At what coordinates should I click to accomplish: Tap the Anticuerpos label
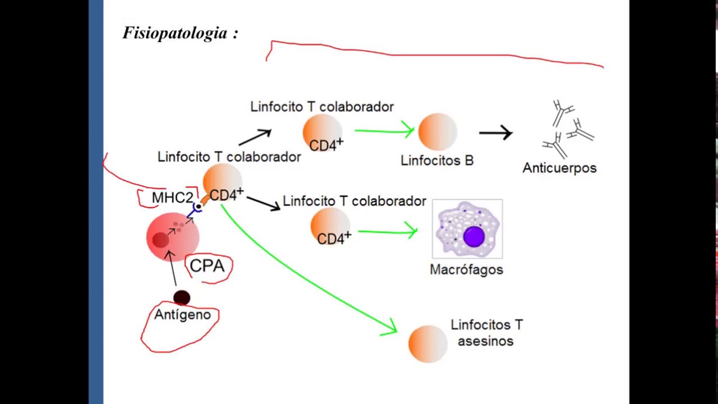tap(559, 168)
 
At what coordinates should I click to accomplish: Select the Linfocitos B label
tap(437, 160)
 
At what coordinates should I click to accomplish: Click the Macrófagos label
tap(466, 270)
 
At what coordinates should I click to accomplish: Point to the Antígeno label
tap(182, 315)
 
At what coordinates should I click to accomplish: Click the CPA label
tap(207, 266)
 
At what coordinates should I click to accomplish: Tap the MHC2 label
tap(172, 198)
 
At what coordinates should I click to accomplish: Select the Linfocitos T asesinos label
tap(486, 333)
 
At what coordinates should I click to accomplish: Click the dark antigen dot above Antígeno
tap(182, 297)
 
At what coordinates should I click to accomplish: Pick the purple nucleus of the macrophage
tap(474, 236)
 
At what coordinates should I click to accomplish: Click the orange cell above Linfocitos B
tap(438, 132)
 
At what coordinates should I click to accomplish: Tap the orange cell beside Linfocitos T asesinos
tap(428, 343)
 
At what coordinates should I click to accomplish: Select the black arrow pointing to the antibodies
tap(495, 133)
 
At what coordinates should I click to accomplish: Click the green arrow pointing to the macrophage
tap(388, 231)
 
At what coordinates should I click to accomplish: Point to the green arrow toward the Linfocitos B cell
tap(384, 131)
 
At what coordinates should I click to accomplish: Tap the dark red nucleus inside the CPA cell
tap(160, 240)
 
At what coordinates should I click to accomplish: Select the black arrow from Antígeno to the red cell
tap(173, 269)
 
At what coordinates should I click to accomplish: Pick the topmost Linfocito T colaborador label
tap(322, 107)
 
